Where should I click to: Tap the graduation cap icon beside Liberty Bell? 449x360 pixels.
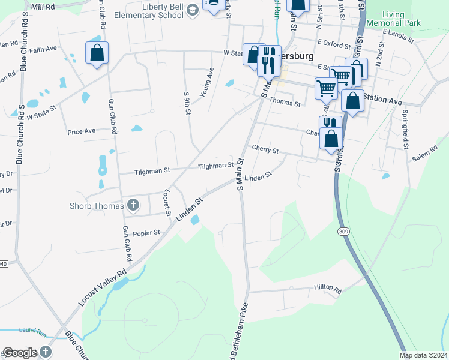coord(193,10)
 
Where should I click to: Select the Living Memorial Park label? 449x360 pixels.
coord(402,18)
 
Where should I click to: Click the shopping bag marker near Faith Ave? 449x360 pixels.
coord(97,54)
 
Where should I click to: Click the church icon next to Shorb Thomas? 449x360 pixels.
coord(133,206)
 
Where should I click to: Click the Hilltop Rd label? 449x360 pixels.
coord(327,289)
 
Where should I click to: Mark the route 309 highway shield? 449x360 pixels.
coord(345,231)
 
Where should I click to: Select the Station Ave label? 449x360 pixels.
coord(382,101)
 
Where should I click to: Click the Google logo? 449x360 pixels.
coord(20,353)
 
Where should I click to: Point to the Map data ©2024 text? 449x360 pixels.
coord(424,355)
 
